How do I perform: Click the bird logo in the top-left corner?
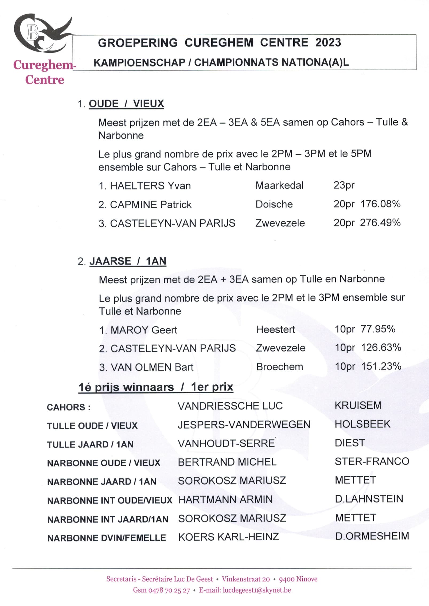(x=43, y=33)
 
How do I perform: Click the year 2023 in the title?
(x=328, y=43)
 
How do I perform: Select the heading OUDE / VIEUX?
(x=126, y=104)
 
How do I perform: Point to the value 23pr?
(x=344, y=185)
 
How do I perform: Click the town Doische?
(x=274, y=204)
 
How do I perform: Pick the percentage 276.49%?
(x=380, y=223)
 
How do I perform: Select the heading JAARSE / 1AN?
(x=128, y=261)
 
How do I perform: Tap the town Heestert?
(x=275, y=329)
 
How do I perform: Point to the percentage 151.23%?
(x=381, y=366)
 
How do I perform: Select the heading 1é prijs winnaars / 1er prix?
(x=156, y=387)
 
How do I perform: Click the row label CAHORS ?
(x=69, y=407)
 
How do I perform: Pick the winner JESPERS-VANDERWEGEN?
(x=244, y=424)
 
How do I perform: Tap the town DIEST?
(x=350, y=443)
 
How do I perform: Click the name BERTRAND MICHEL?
(x=227, y=462)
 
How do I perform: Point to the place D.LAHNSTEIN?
(x=369, y=499)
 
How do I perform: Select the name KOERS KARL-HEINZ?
(x=228, y=537)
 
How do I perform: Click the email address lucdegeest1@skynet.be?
(x=257, y=590)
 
